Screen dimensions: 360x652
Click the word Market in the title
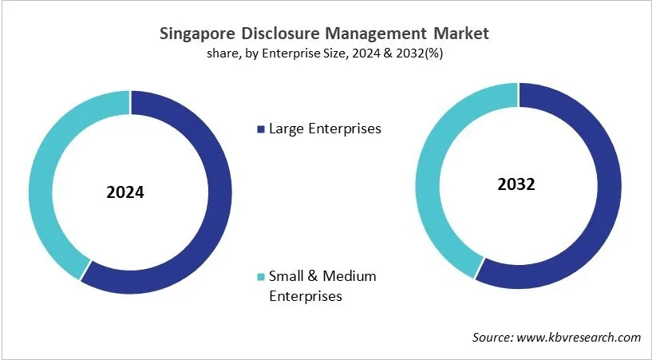[460, 34]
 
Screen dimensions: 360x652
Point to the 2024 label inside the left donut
[125, 192]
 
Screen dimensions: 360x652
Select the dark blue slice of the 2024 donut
[216, 200]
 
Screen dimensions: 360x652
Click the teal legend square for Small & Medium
[259, 277]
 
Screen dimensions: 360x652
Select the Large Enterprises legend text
[325, 129]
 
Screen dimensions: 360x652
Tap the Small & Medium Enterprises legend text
[322, 286]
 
